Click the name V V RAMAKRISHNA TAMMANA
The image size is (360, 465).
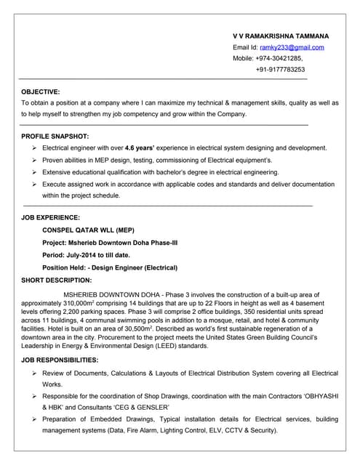pos(281,36)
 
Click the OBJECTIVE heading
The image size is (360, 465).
pos(41,92)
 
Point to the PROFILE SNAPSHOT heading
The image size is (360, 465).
pos(55,136)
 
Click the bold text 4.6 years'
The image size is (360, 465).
pos(142,147)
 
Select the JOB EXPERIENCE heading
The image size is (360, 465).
pos(51,217)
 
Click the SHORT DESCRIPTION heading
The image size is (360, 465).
pos(57,280)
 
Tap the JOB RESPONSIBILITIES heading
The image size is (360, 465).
pos(60,360)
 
